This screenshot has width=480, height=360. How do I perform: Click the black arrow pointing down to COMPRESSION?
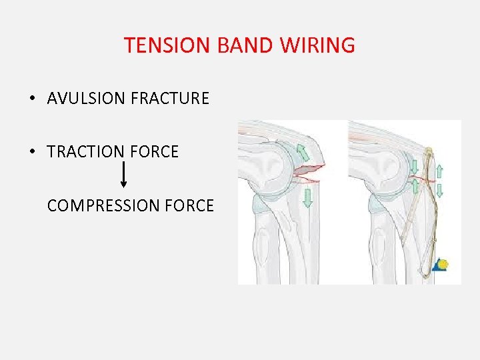point(123,175)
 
